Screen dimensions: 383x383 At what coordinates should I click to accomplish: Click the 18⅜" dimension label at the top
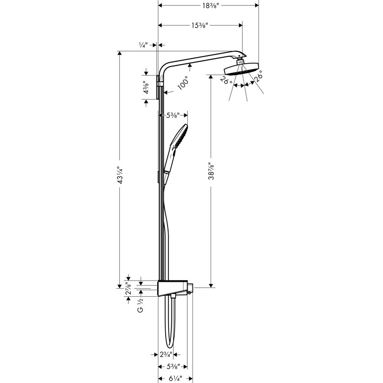tap(210, 5)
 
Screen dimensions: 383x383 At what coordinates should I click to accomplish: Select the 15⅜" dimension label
tap(200, 25)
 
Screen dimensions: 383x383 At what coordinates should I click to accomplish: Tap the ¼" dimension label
tap(143, 45)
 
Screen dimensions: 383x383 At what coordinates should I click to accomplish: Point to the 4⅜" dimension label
tap(146, 87)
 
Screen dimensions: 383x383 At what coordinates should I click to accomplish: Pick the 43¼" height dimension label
tap(120, 175)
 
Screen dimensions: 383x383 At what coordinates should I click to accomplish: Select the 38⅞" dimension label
tap(211, 171)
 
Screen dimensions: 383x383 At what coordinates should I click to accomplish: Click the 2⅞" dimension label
tap(128, 289)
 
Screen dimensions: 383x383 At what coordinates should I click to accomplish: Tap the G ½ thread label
tap(140, 305)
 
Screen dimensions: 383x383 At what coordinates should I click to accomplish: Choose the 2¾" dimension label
tap(166, 354)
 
